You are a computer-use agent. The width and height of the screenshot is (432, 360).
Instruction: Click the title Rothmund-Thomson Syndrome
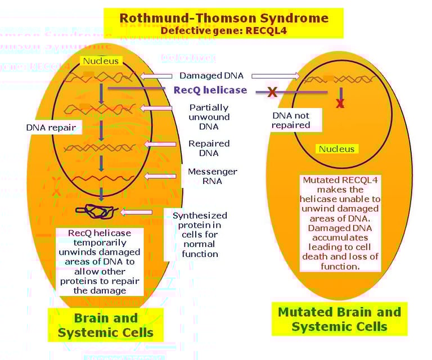(x=223, y=17)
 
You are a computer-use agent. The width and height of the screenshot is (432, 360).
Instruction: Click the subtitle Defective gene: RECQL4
(x=223, y=30)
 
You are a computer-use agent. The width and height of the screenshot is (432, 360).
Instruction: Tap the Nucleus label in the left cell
(x=101, y=61)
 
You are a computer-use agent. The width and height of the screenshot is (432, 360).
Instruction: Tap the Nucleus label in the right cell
(x=337, y=149)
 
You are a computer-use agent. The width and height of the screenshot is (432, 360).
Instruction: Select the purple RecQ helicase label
(x=210, y=90)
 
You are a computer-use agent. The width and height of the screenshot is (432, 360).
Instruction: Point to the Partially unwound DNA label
(x=209, y=116)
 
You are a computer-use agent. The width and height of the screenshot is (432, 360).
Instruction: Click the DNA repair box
(x=51, y=128)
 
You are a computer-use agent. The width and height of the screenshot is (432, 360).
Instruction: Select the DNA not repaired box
(x=291, y=120)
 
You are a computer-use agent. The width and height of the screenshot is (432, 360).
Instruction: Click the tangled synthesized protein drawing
(x=97, y=211)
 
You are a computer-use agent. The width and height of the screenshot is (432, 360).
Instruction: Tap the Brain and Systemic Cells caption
(x=105, y=325)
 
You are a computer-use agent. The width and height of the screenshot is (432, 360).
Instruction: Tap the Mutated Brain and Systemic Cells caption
(x=339, y=319)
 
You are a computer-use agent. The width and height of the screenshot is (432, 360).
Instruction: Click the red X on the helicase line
(x=272, y=92)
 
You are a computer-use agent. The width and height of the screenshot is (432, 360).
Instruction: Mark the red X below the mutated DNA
(x=340, y=103)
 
